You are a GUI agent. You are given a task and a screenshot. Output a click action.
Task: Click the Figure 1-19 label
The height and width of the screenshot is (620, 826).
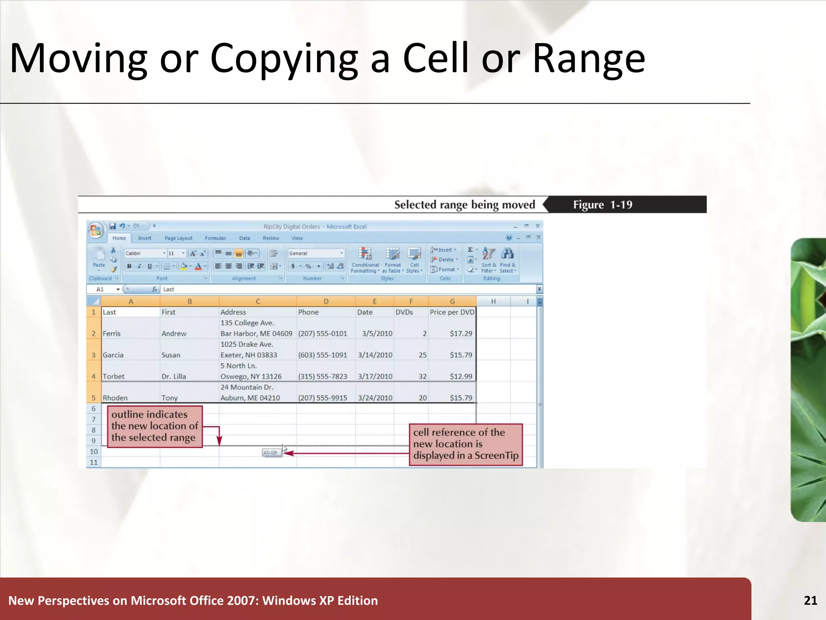tap(603, 205)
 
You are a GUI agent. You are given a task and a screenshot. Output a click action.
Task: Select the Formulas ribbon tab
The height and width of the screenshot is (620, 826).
tap(215, 238)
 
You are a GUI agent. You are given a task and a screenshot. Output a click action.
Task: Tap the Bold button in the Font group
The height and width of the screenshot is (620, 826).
tap(129, 266)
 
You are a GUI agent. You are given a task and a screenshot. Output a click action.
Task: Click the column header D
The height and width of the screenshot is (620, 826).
tap(326, 302)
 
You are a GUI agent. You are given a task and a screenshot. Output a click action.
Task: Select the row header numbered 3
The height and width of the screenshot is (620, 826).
tap(94, 355)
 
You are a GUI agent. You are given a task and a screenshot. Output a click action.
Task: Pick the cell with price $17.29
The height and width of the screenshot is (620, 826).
tap(461, 333)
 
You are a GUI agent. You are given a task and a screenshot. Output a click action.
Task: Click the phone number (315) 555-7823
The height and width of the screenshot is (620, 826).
tap(323, 376)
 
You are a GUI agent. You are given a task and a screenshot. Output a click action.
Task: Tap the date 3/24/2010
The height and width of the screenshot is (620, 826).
tap(375, 398)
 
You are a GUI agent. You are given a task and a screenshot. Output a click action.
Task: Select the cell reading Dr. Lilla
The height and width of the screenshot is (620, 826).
tap(174, 376)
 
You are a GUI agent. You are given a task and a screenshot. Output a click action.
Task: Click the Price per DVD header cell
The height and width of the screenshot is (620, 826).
tap(452, 312)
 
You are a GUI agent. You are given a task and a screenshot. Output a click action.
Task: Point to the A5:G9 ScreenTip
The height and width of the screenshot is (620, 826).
tap(270, 452)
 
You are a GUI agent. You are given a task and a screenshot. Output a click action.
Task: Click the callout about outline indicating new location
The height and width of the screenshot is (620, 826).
tap(155, 426)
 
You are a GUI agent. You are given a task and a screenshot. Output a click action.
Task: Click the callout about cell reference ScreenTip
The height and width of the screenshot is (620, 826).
tap(466, 444)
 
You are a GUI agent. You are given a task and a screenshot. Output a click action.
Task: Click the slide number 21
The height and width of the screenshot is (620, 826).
tap(810, 600)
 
